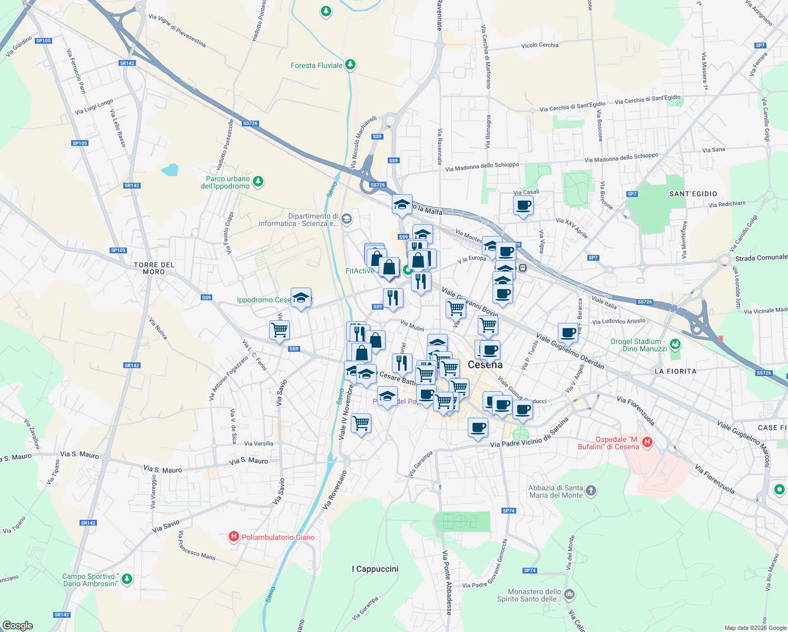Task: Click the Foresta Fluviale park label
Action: coord(317,65)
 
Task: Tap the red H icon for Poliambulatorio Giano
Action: coord(233,537)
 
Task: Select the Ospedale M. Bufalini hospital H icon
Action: coord(647,442)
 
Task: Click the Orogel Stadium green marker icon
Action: coord(675,345)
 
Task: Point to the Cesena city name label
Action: coord(485,364)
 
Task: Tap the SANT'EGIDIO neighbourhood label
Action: coord(693,194)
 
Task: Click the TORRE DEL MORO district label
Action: coord(154,268)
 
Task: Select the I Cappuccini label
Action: coord(375,569)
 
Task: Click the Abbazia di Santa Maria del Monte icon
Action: coord(591,491)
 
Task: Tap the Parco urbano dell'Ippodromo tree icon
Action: coord(258,182)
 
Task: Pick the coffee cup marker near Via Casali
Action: coord(523,205)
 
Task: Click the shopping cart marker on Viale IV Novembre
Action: coord(361,422)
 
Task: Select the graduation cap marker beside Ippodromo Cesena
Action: coord(301,298)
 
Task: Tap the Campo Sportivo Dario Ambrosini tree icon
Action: coord(126,579)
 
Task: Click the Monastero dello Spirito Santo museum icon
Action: coord(569,595)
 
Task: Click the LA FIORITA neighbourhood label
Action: coord(675,371)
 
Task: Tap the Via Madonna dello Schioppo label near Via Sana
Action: coord(621,157)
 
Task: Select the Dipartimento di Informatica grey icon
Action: coord(346,219)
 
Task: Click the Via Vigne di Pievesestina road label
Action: coord(177,31)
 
